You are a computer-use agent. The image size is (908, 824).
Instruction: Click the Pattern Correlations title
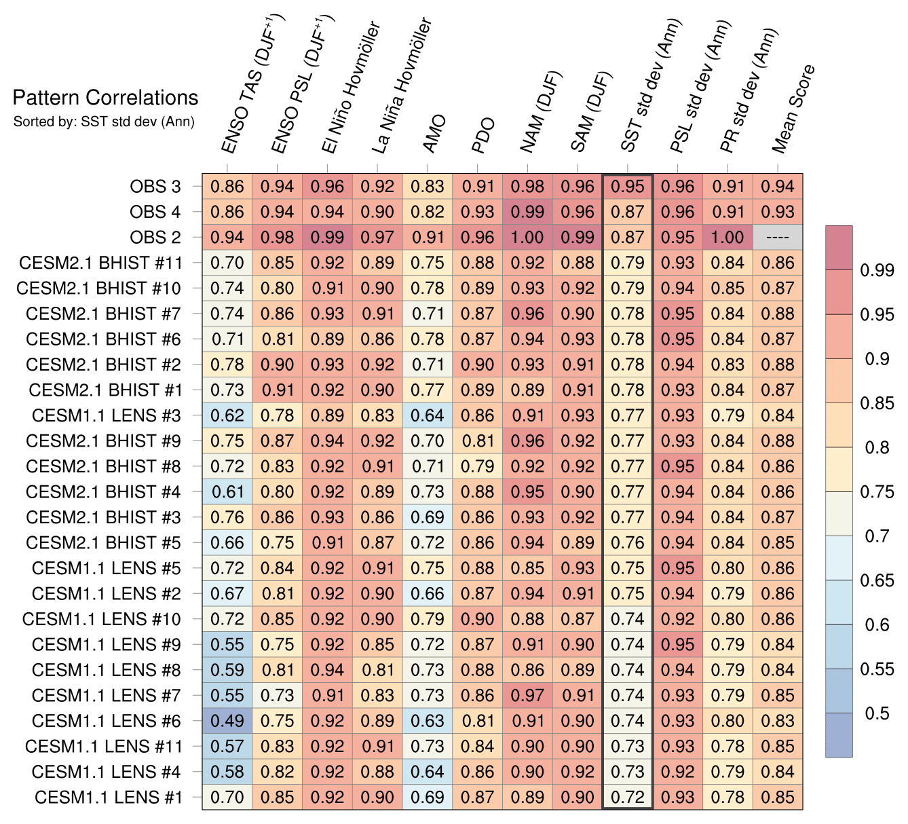(105, 98)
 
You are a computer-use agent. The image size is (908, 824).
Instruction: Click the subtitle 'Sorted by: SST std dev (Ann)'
(104, 121)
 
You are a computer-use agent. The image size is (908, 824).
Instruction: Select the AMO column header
(434, 134)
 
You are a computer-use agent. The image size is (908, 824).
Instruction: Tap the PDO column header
(484, 136)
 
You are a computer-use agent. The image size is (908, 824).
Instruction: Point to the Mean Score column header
(793, 109)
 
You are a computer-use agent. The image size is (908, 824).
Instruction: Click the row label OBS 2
(156, 238)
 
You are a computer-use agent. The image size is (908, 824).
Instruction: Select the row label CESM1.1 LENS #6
(107, 721)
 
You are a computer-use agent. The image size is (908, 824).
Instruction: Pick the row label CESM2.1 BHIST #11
(100, 263)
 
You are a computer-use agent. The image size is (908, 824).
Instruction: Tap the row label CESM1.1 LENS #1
(108, 797)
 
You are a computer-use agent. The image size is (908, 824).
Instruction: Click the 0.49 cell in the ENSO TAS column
(227, 721)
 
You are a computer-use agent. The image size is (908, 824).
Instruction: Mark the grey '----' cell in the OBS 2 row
(777, 238)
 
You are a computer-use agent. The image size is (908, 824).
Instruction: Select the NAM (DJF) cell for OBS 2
(528, 238)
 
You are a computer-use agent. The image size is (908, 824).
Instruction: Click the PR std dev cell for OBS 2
(727, 238)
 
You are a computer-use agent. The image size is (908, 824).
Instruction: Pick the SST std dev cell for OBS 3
(628, 187)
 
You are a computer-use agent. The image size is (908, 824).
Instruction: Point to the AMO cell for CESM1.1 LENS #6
(428, 721)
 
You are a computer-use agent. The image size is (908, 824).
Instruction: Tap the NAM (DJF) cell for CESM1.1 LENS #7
(528, 695)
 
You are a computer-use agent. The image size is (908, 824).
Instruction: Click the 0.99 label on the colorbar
(877, 270)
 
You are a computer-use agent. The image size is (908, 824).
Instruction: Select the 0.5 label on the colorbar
(877, 713)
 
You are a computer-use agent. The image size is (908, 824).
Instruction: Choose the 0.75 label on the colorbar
(877, 492)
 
